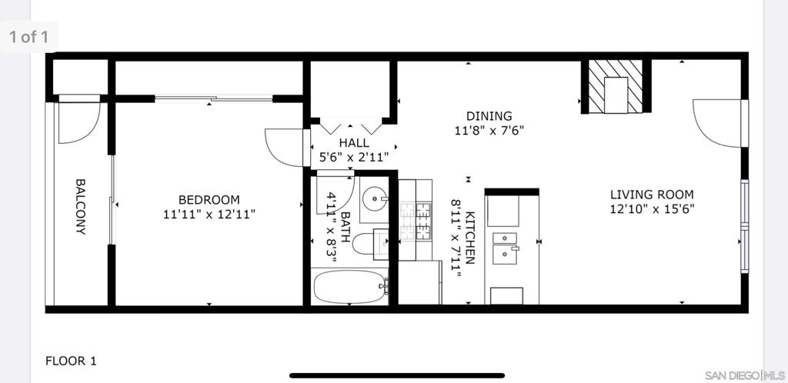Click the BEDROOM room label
coord(209,200)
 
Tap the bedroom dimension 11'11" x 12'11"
coord(209,215)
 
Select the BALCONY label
coord(80,206)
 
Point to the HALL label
coord(354,143)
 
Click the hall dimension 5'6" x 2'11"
coord(354,158)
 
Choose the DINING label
coord(489,116)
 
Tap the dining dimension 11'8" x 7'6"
coord(489,131)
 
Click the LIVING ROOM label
coord(652,195)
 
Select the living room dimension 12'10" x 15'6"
coord(652,209)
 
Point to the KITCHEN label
coord(470,238)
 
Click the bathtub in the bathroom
coord(350,287)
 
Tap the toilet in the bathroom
coord(369,245)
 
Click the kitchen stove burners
coord(416,221)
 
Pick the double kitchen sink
coord(506,248)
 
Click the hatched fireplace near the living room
coord(616,86)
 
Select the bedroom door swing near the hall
coord(285,147)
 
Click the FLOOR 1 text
coord(70,361)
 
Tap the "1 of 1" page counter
coord(28,37)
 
